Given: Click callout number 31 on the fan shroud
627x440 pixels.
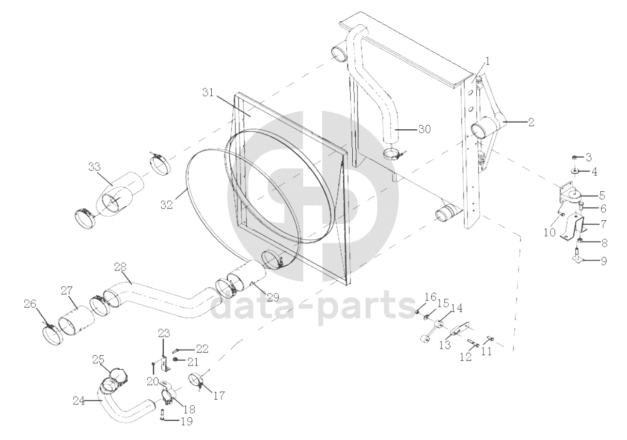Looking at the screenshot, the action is click(x=208, y=93).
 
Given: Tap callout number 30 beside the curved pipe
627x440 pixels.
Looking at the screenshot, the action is click(x=425, y=129).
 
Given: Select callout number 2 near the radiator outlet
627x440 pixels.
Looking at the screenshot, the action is click(x=531, y=122).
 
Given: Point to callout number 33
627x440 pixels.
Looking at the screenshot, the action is click(x=95, y=167).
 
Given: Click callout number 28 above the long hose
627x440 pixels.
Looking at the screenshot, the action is click(x=120, y=266).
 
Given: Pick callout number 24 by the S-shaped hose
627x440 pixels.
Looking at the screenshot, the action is click(x=79, y=401).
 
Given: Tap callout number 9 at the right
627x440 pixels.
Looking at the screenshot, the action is click(x=604, y=261).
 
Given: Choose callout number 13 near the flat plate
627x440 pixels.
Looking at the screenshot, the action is click(x=445, y=345).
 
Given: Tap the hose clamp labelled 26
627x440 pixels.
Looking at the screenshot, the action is click(x=52, y=335).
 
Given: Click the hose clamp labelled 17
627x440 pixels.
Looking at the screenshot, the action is click(x=197, y=381).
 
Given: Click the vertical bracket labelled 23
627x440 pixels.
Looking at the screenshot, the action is click(x=166, y=365).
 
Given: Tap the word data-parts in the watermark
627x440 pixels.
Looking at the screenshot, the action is click(x=313, y=307).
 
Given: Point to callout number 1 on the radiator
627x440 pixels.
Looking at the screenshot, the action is click(x=488, y=61).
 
